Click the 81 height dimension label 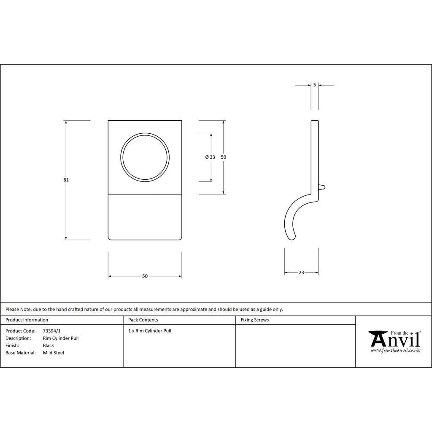point(66,180)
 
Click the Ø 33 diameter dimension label point(210,157)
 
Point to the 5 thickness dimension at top point(315,85)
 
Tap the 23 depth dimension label point(301,273)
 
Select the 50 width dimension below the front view point(145,276)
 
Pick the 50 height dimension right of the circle point(224,157)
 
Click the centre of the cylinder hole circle point(145,158)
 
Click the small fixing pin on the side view point(322,187)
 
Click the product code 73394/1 point(52,331)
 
